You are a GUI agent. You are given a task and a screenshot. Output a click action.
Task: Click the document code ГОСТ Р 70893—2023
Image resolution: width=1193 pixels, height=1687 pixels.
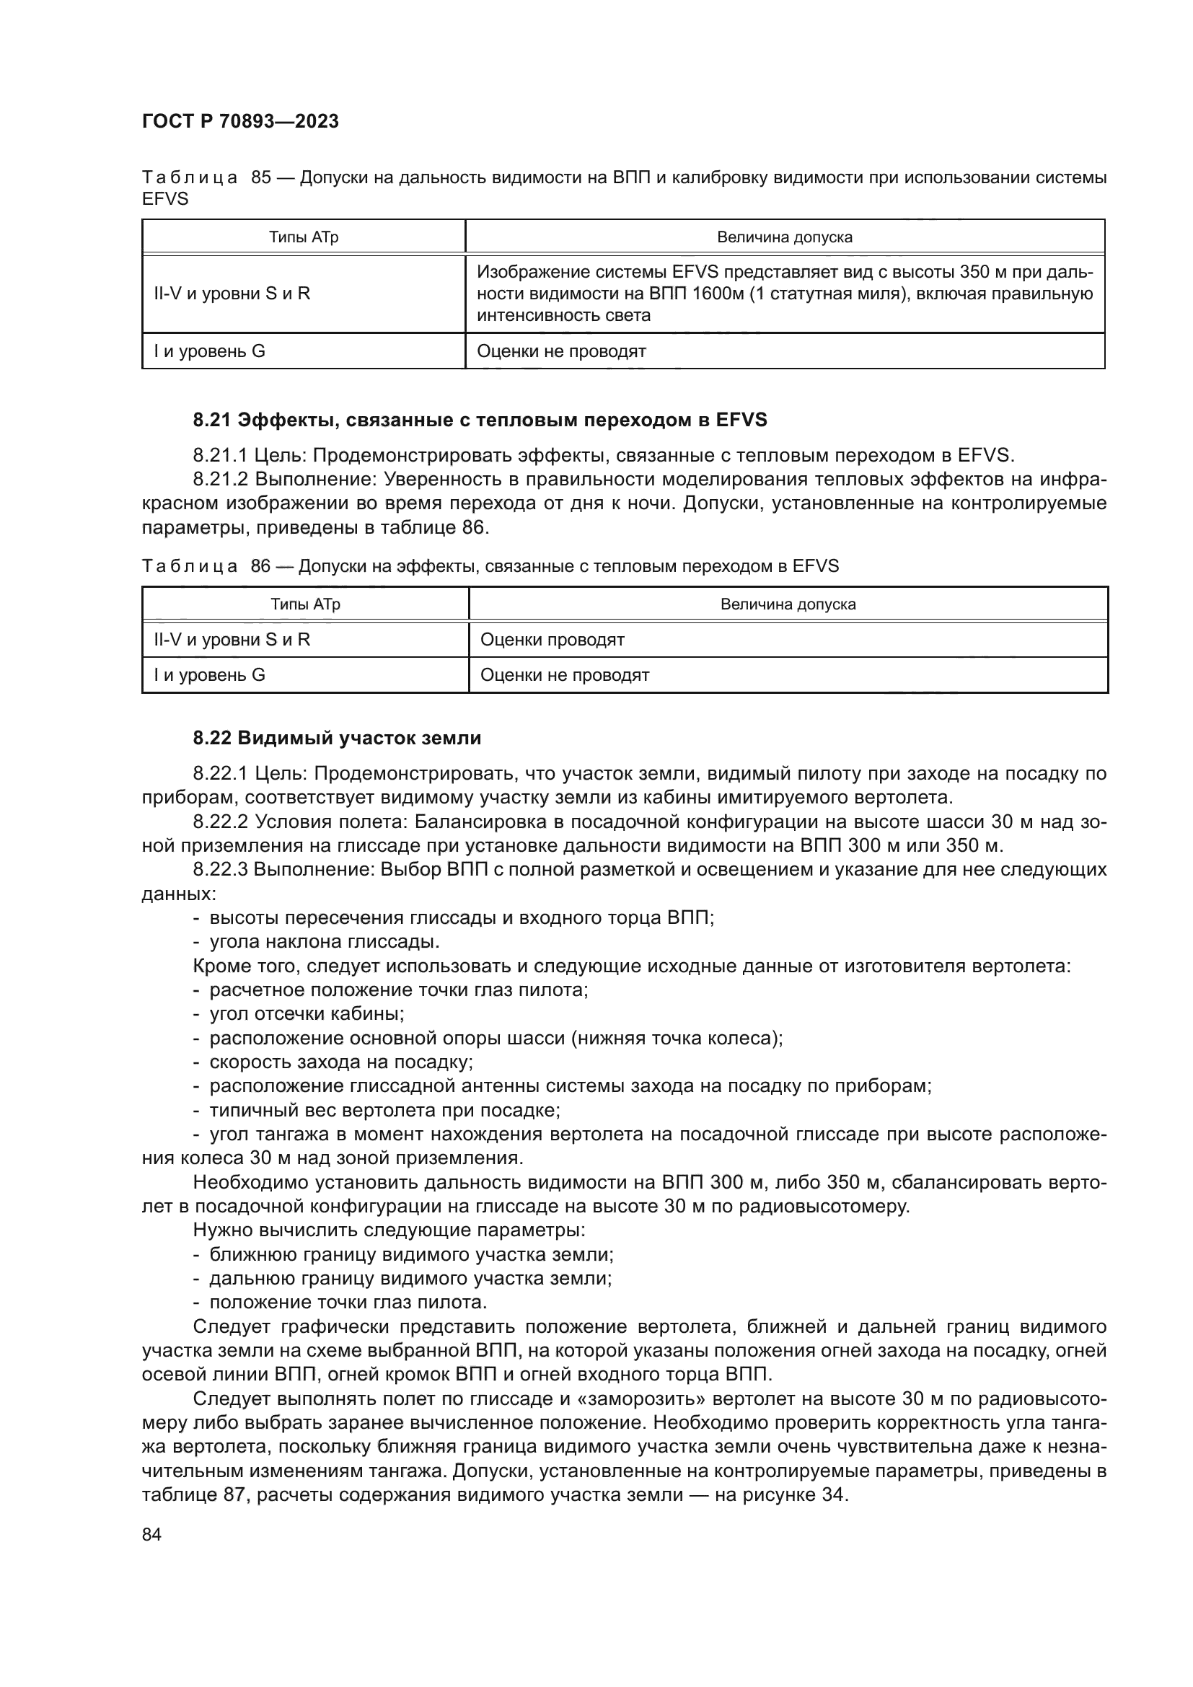[x=240, y=122]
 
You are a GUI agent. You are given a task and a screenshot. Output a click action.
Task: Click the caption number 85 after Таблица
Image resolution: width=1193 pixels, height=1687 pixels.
[x=261, y=178]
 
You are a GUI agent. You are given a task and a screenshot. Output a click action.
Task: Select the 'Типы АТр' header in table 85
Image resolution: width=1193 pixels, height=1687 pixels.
[x=304, y=237]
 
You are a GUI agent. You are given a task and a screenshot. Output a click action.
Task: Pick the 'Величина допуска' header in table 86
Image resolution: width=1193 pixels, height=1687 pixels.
[x=788, y=604]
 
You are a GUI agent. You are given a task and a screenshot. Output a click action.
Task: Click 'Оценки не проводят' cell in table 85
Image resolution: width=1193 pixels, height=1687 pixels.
[x=561, y=351]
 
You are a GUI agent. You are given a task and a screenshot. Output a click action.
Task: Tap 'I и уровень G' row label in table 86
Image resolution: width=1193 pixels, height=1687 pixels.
[x=209, y=674]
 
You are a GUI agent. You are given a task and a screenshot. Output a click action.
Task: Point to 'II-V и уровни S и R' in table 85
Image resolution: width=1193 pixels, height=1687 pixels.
[x=232, y=294]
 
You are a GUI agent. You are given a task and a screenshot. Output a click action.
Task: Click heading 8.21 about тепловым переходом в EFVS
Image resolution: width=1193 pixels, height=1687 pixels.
[x=480, y=420]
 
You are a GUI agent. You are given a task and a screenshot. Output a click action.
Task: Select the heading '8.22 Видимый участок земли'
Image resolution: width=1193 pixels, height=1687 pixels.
[x=337, y=738]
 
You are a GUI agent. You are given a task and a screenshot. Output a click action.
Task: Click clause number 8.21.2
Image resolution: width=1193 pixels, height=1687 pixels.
[x=221, y=480]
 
